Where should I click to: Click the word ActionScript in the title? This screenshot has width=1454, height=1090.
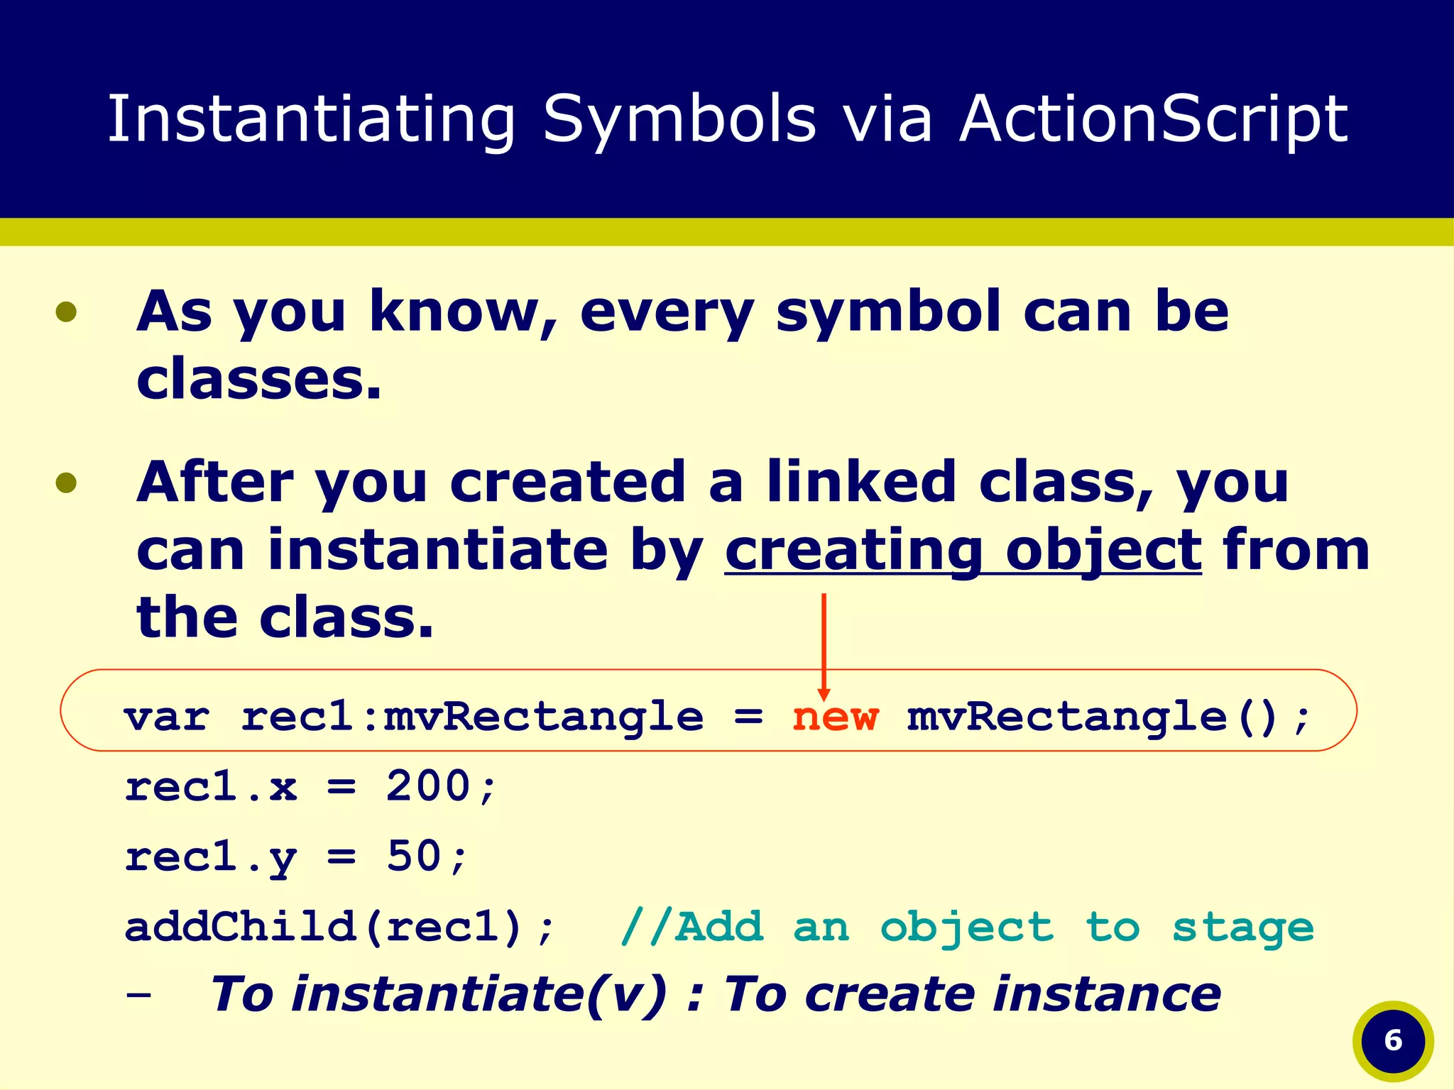1153,119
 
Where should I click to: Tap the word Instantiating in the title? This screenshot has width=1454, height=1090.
311,119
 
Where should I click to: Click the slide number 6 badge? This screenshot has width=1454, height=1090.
1393,1040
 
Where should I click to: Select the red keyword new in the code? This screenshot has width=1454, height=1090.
835,717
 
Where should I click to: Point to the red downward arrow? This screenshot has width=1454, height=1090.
824,646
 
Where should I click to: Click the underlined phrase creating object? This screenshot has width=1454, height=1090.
963,551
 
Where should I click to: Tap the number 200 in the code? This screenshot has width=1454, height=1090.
428,786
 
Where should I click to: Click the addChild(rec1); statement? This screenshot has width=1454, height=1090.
339,927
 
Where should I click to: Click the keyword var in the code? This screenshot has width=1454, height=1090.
167,717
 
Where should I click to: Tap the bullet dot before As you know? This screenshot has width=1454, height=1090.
66,312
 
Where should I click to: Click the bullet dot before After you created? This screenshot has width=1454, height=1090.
66,483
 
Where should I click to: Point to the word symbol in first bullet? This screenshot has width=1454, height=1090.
887,312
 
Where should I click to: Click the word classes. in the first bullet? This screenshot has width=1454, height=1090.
259,380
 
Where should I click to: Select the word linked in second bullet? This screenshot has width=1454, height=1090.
860,483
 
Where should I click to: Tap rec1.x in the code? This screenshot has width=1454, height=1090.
211,786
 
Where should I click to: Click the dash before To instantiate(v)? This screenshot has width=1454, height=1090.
138,995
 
